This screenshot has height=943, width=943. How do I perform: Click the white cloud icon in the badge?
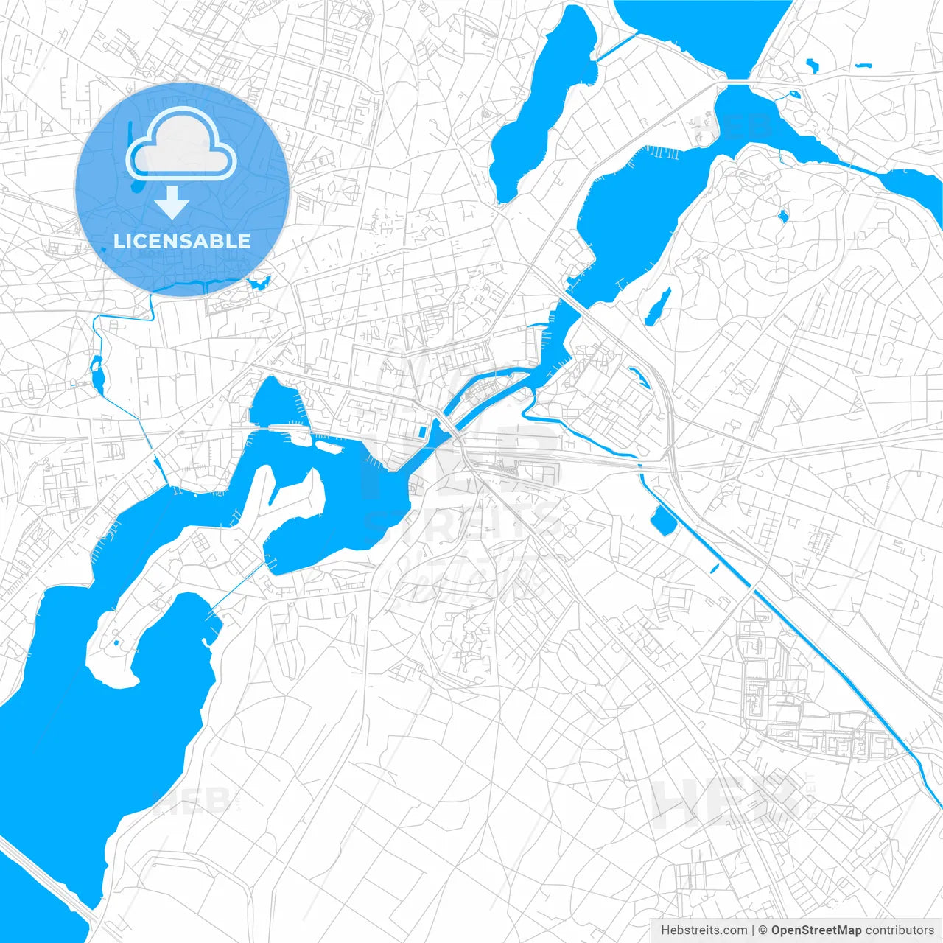coord(181,145)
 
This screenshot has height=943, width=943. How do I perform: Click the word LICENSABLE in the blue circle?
coord(182,241)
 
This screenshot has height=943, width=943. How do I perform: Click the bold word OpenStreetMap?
coord(816,930)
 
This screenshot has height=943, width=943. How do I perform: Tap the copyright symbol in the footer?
coord(763,930)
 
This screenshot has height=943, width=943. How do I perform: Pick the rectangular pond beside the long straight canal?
coord(664,520)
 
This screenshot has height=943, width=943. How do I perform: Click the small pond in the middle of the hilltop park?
coord(782,216)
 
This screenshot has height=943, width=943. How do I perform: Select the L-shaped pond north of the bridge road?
coord(812,65)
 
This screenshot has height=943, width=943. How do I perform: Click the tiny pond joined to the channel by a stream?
coord(794,94)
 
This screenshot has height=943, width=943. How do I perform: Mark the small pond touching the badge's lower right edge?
coord(259,281)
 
